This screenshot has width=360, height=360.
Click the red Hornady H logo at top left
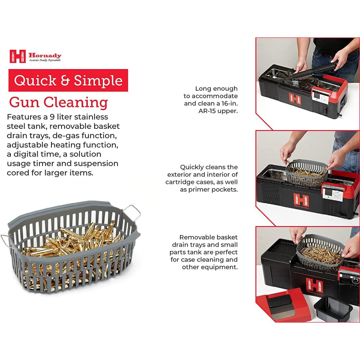pyautogui.click(x=17, y=56)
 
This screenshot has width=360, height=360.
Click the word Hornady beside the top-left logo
pyautogui.click(x=45, y=55)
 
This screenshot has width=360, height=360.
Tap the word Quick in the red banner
pyautogui.click(x=35, y=81)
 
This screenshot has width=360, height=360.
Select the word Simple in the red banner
pyautogui.click(x=98, y=81)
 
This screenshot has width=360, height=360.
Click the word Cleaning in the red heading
pyautogui.click(x=76, y=102)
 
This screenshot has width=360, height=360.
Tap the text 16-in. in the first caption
pyautogui.click(x=230, y=103)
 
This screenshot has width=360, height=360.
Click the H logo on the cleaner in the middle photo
pyautogui.click(x=301, y=200)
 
